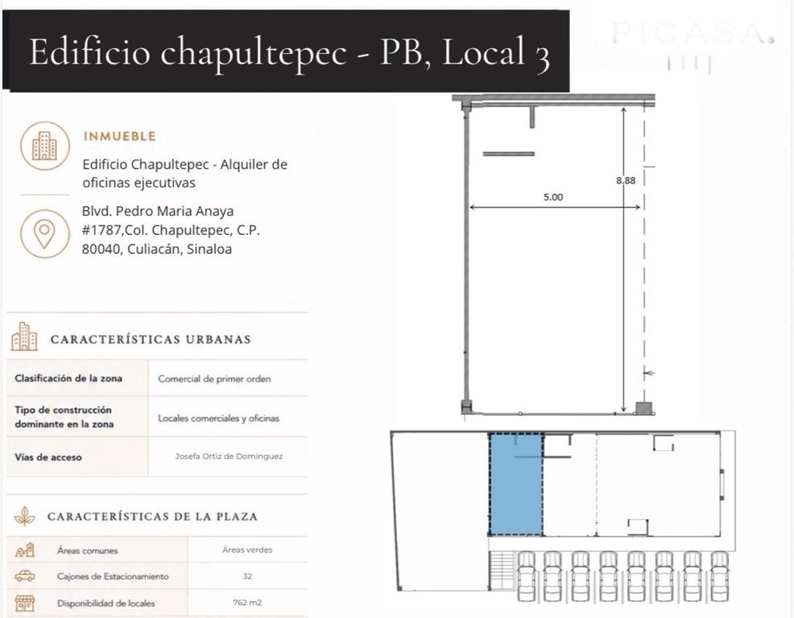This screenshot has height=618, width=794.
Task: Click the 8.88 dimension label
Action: click(x=626, y=180)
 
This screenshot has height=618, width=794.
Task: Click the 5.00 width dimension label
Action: click(x=553, y=197)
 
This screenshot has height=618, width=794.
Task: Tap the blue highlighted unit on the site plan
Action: click(x=515, y=484)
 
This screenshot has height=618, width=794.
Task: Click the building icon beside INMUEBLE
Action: click(x=44, y=146)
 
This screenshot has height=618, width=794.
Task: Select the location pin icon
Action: click(x=44, y=234)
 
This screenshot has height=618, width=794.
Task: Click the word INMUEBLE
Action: click(x=119, y=136)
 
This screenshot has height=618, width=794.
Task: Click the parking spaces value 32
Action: click(x=247, y=576)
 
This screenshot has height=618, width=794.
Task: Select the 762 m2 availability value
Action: click(x=247, y=603)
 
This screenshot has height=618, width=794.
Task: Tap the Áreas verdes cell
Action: click(x=247, y=550)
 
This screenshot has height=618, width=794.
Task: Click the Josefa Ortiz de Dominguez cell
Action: click(x=229, y=456)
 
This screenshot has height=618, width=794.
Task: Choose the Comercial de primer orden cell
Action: click(x=214, y=378)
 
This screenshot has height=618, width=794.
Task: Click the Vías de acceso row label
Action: click(x=48, y=458)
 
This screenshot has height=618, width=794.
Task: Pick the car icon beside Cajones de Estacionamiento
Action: click(x=24, y=576)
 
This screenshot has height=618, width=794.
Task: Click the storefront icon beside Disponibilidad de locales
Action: click(x=24, y=603)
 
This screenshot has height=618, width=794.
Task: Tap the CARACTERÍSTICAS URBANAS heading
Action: click(x=151, y=339)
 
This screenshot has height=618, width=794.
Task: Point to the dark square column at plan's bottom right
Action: click(x=643, y=408)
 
